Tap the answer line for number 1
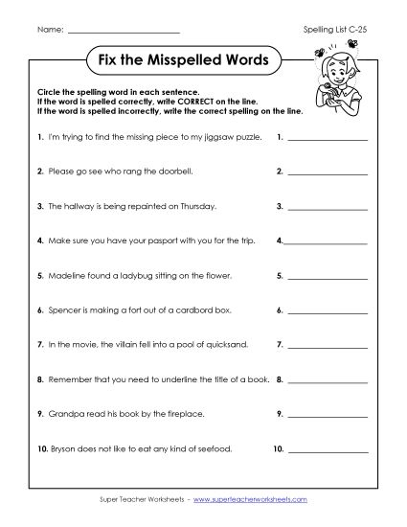pyautogui.click(x=327, y=140)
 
